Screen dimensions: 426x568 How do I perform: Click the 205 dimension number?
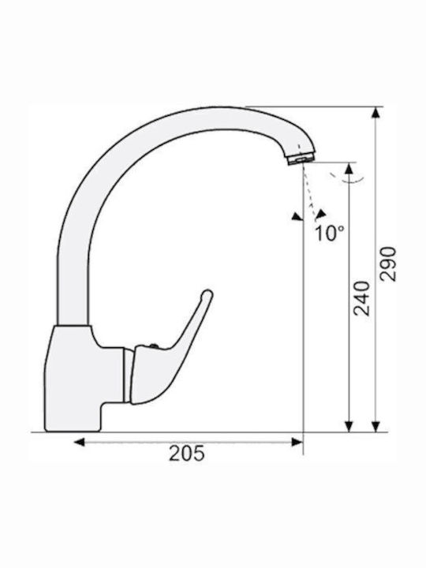point(187,453)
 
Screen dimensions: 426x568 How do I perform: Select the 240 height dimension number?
point(362,298)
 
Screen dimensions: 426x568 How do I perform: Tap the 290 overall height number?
point(388,263)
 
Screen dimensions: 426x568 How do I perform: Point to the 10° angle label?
point(329,234)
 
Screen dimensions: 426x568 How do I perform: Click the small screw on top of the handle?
point(154,346)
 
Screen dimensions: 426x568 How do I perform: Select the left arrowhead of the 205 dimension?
point(79,442)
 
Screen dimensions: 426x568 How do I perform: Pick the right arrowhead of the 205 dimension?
point(297,442)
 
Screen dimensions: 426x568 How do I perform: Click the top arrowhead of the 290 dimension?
point(376,113)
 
